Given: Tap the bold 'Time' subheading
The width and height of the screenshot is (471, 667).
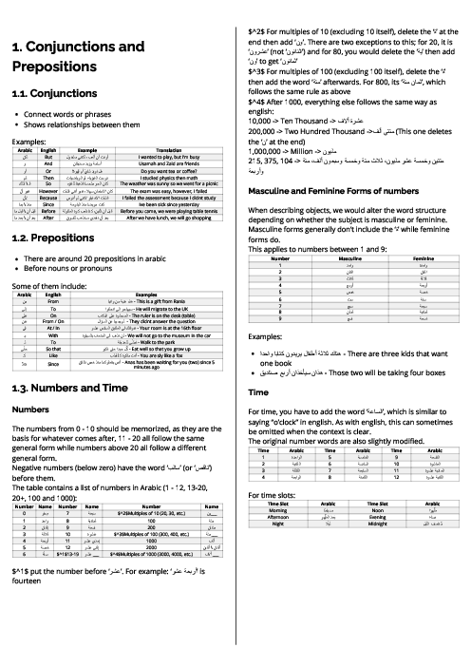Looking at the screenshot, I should [x=257, y=391].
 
